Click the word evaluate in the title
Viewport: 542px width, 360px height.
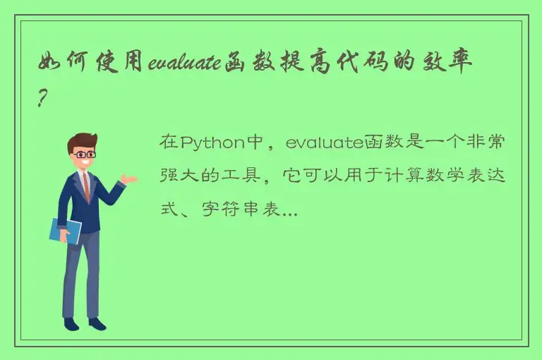coord(185,64)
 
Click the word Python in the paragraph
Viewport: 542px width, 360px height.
coord(211,143)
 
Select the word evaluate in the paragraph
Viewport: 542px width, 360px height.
coord(324,143)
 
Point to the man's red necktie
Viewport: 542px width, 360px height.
coord(86,186)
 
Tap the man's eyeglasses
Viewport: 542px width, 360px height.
coord(85,153)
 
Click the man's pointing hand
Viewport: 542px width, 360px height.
coord(128,179)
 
